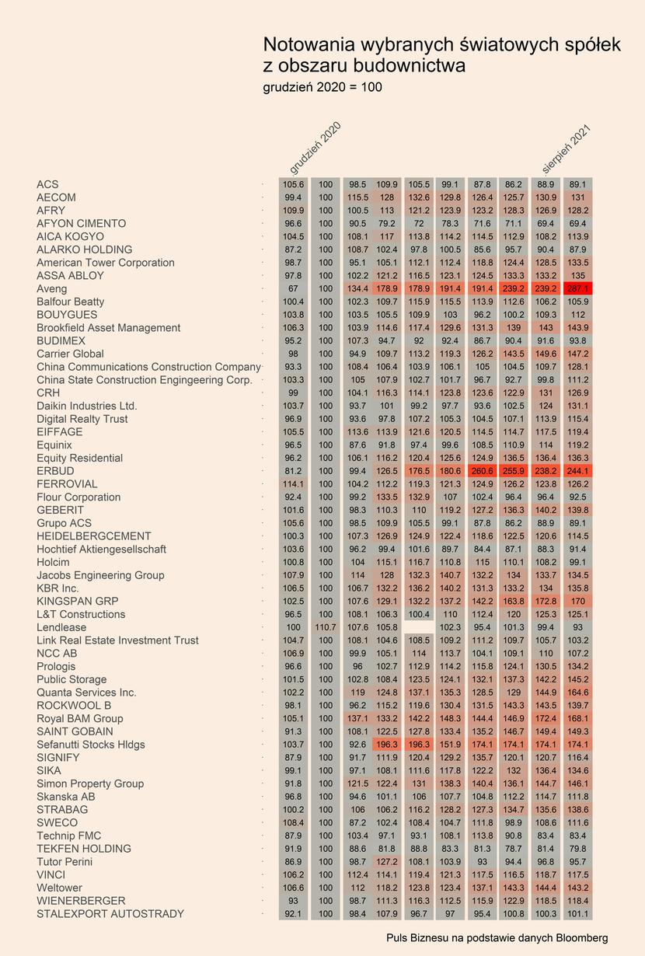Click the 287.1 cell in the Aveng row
577,288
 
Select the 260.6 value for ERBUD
482,471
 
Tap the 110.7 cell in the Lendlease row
326,627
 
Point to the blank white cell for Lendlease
419,627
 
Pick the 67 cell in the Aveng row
293,288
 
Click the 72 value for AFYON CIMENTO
419,223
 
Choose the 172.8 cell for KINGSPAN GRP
546,601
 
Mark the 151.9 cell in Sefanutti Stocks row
450,745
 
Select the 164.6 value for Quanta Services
577,693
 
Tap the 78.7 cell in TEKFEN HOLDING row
513,849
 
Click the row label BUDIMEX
61,340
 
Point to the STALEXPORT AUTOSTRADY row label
110,914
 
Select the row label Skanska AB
66,797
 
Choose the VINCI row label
51,874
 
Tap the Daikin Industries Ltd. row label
86,406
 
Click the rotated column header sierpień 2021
566,149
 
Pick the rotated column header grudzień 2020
316,148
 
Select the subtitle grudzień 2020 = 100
322,87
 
